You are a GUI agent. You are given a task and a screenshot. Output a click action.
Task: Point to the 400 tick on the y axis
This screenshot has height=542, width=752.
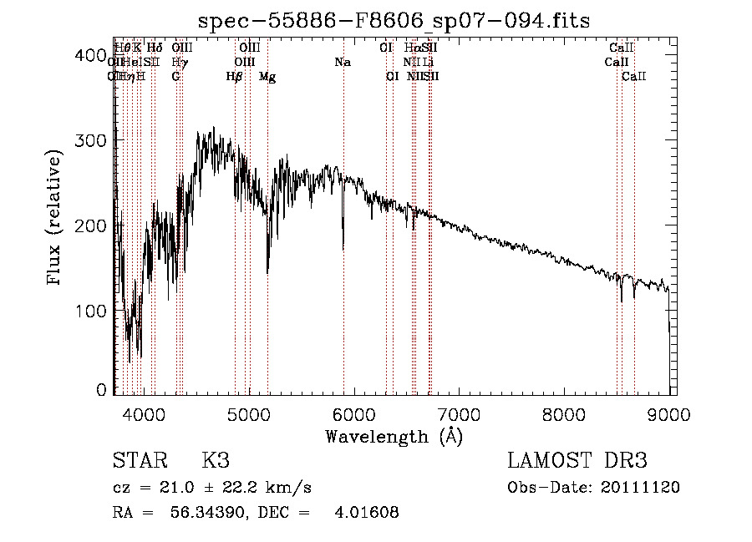(114, 56)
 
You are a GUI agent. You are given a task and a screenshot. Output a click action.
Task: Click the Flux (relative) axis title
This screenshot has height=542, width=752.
(56, 219)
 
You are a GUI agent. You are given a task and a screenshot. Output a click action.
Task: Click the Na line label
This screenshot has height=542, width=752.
(342, 62)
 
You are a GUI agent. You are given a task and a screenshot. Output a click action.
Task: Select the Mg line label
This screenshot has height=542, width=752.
(267, 77)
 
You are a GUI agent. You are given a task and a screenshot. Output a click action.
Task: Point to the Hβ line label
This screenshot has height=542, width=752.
(234, 77)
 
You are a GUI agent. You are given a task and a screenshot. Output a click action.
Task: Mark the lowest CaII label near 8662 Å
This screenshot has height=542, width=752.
(634, 77)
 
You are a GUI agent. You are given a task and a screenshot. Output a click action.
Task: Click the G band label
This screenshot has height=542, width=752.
(175, 77)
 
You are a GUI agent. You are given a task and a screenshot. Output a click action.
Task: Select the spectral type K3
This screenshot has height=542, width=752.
(215, 461)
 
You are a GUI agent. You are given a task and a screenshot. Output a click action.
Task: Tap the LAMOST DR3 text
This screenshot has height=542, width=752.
(577, 461)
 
